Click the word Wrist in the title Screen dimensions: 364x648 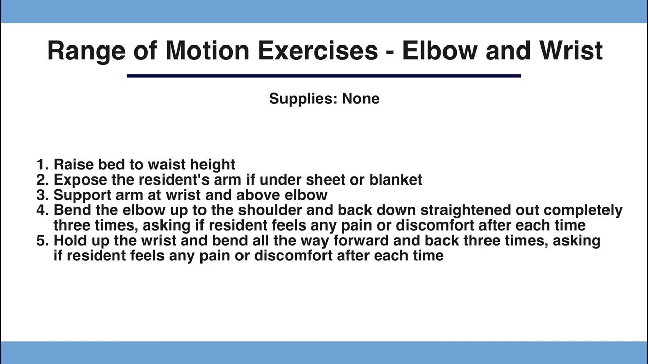pos(571,51)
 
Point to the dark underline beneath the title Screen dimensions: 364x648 pos(323,76)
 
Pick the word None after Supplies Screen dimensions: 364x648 pos(360,98)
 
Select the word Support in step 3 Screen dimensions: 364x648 pos(80,195)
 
